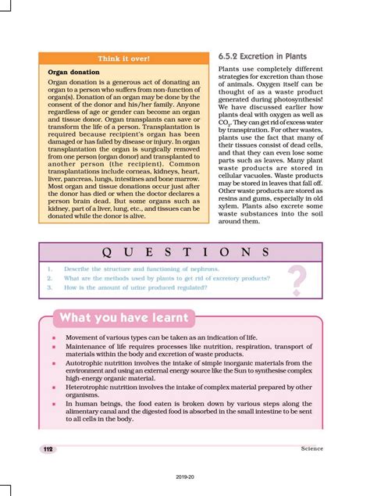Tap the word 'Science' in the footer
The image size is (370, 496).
[311, 449]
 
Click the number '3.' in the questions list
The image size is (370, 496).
[48, 287]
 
